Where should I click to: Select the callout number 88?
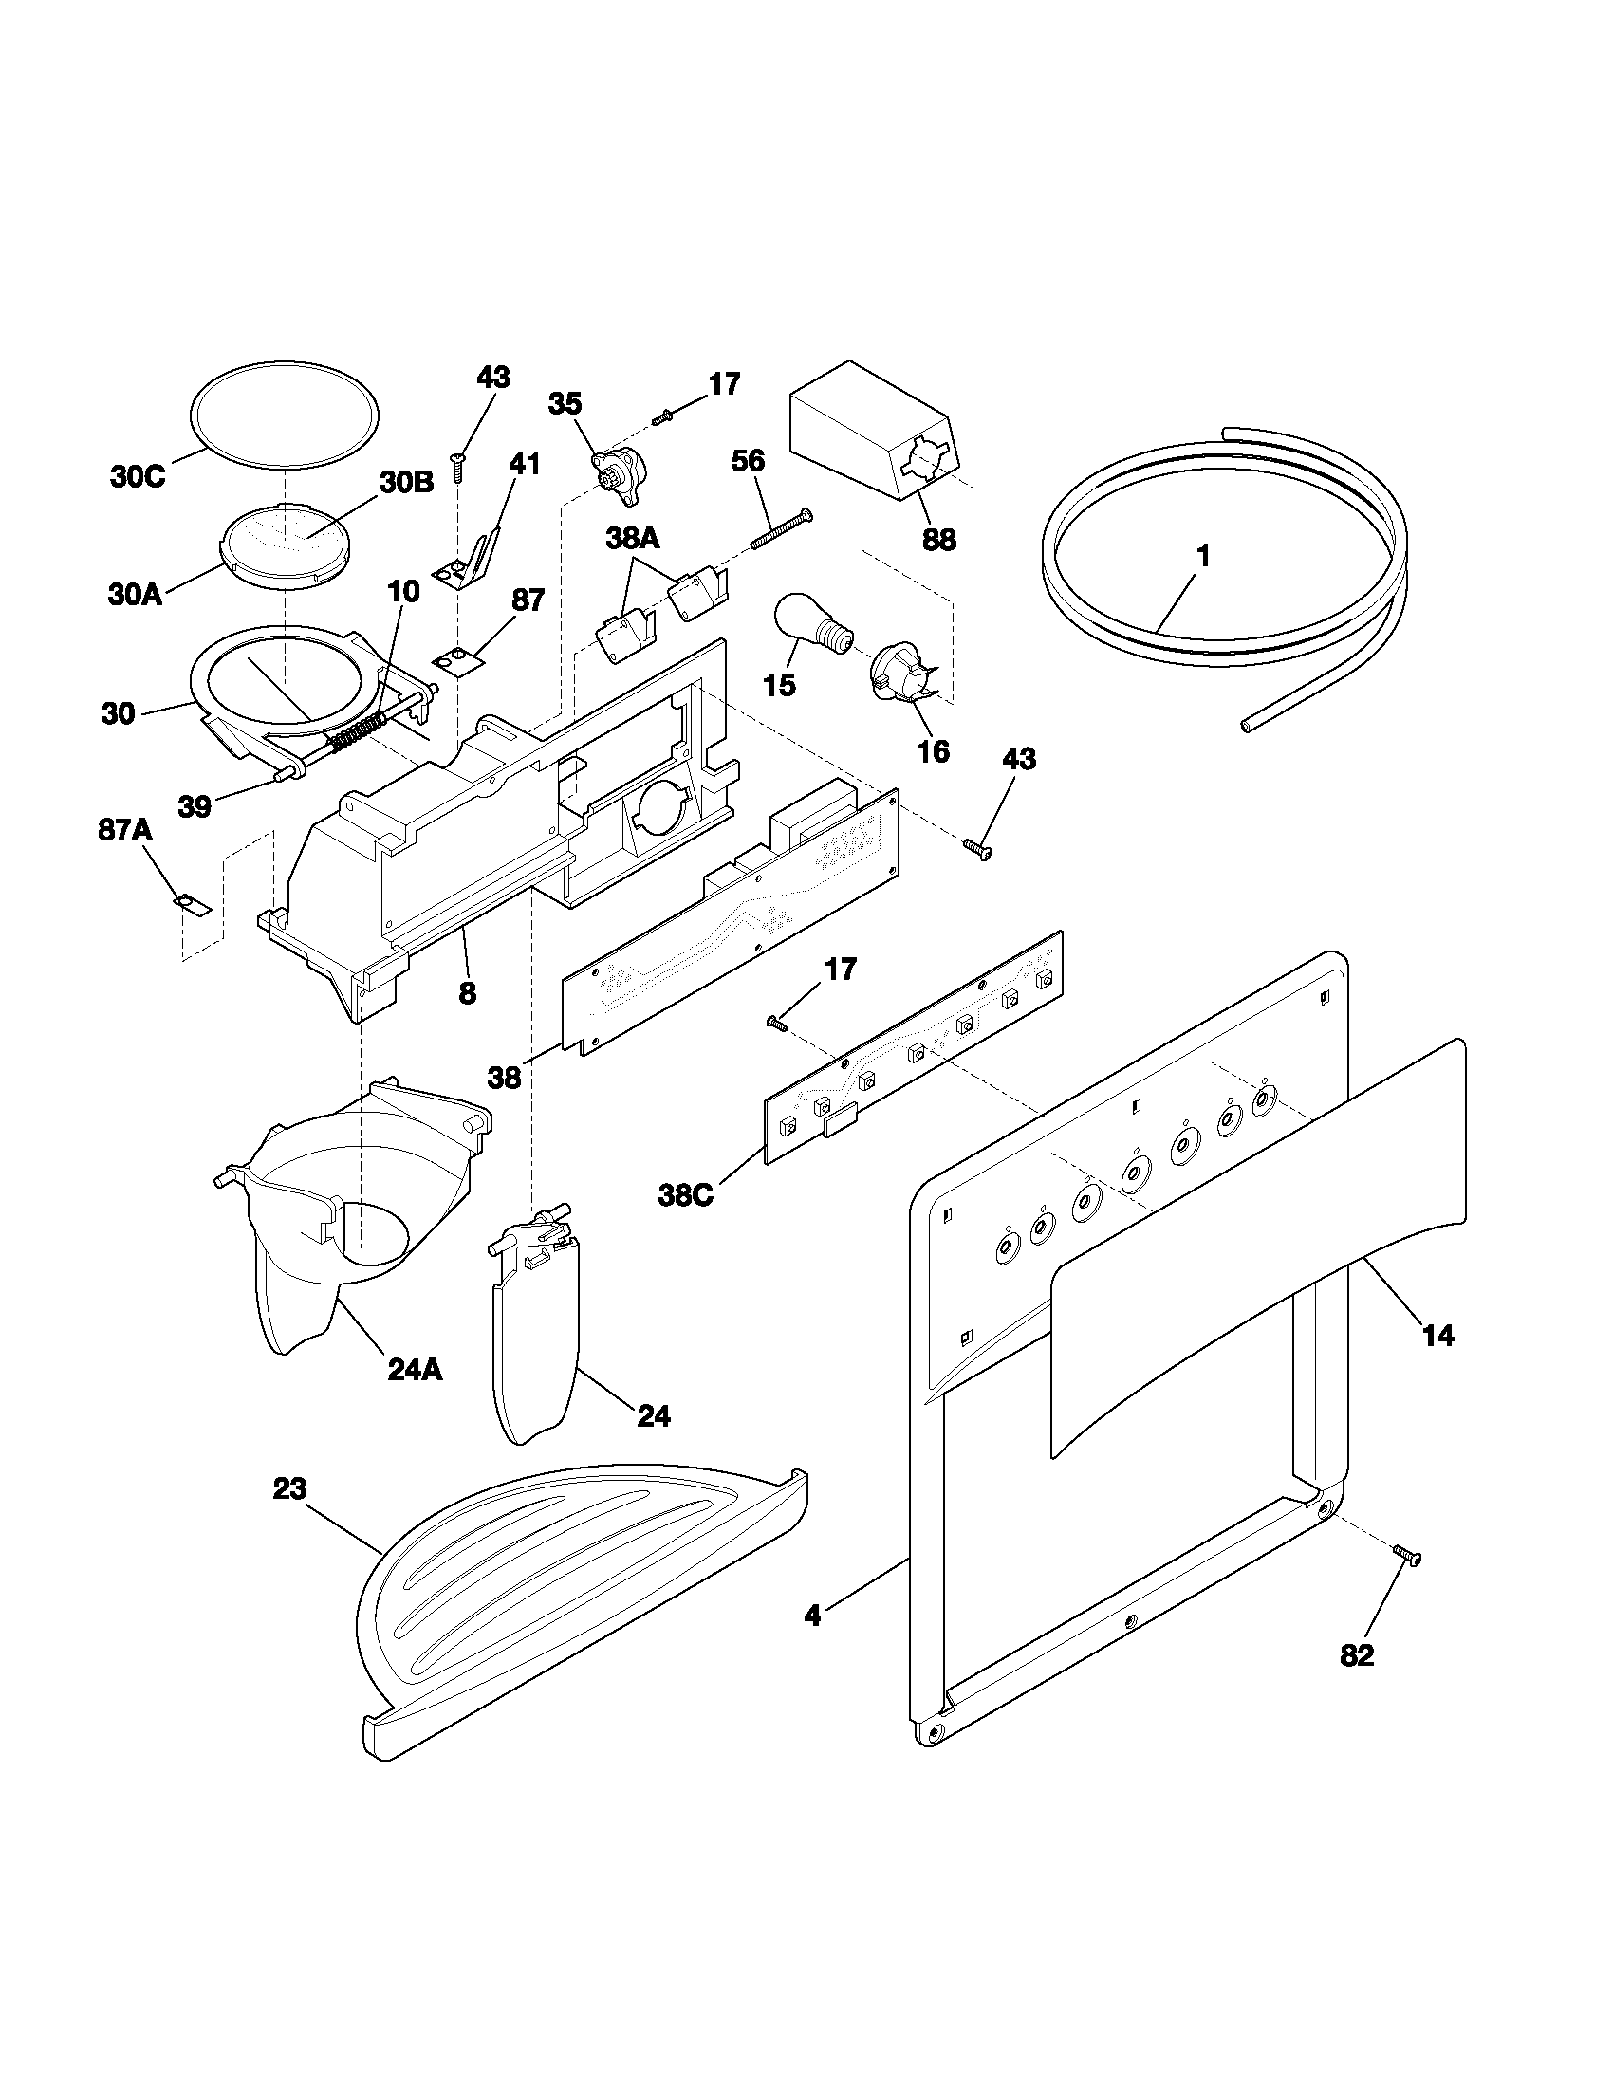(938, 540)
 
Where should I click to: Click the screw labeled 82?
(1405, 1556)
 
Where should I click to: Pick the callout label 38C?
(685, 1195)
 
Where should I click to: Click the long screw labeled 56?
(780, 529)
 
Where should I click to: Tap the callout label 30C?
(138, 477)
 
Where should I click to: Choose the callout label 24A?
(416, 1369)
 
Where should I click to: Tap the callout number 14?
(1438, 1335)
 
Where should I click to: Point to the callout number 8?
(466, 993)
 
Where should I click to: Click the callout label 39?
(195, 806)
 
